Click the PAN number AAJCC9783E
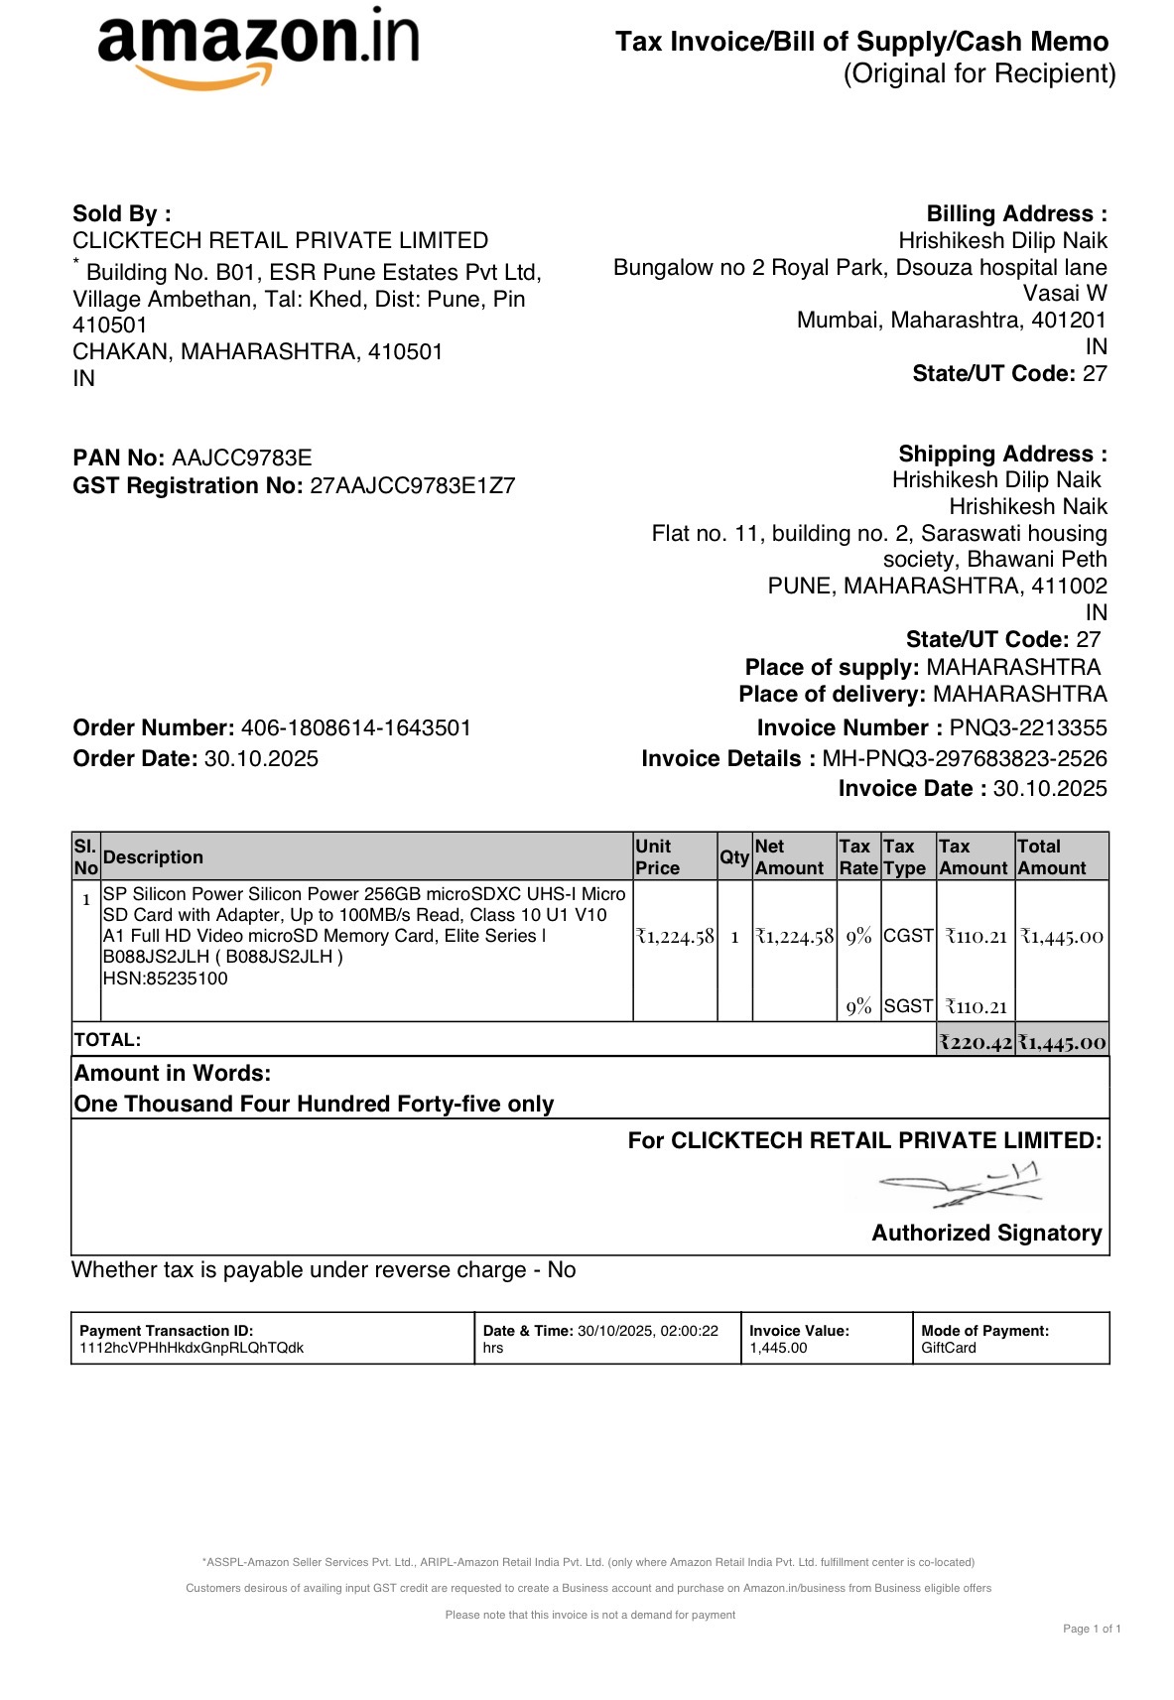(x=242, y=458)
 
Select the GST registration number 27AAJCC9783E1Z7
(x=413, y=485)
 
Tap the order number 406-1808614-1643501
(x=356, y=727)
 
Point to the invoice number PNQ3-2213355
(x=1028, y=727)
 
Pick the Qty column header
(x=734, y=856)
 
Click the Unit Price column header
(x=657, y=856)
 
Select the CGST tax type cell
(x=908, y=936)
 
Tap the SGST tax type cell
(x=908, y=1006)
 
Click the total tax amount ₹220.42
(x=977, y=1042)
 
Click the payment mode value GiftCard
(x=949, y=1348)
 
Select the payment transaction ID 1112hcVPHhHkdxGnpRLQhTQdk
(x=192, y=1348)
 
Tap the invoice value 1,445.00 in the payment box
(x=778, y=1348)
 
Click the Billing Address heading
(x=1016, y=213)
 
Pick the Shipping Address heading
(x=1002, y=454)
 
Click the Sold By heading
(x=122, y=213)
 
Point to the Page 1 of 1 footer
(x=1092, y=1629)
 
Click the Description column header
(x=153, y=857)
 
